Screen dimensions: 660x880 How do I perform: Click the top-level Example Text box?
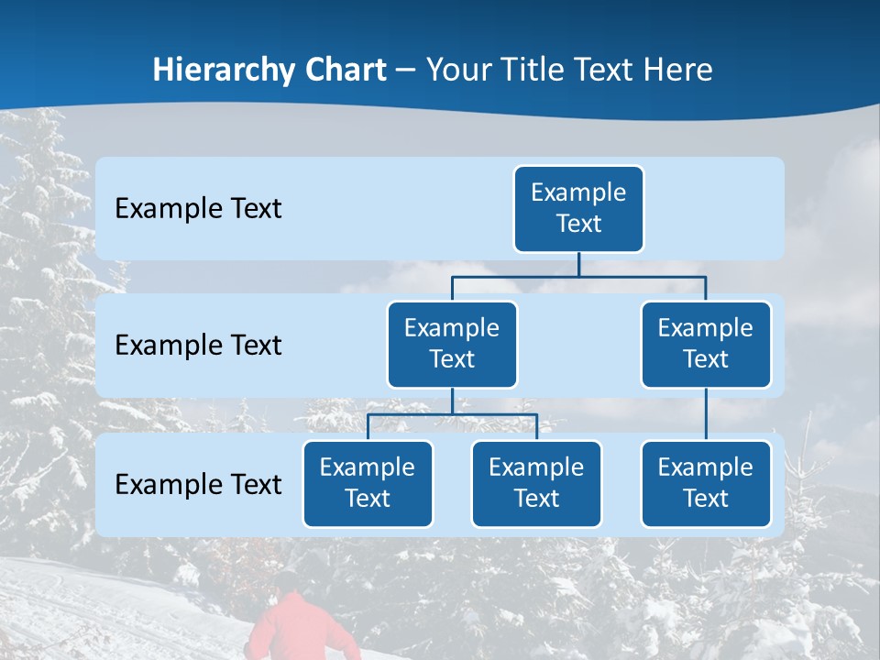click(x=578, y=208)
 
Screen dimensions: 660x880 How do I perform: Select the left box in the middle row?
click(x=452, y=344)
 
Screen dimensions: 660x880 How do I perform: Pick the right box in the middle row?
click(x=705, y=344)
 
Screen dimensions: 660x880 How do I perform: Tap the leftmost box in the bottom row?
click(x=368, y=483)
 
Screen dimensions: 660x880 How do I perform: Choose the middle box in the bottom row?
click(x=536, y=483)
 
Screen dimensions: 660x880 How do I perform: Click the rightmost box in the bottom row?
click(x=705, y=483)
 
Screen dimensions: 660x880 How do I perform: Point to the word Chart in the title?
click(x=341, y=70)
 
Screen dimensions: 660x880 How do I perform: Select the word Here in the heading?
click(x=678, y=70)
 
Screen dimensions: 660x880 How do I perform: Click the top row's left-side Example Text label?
click(x=198, y=209)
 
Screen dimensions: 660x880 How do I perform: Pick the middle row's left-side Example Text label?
click(x=198, y=346)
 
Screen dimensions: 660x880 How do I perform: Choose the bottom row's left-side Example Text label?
click(x=198, y=484)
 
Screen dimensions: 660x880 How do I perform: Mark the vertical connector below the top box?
click(x=578, y=264)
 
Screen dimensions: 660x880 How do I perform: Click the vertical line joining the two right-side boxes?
click(x=705, y=414)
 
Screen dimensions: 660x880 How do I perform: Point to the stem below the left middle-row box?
click(x=452, y=401)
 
